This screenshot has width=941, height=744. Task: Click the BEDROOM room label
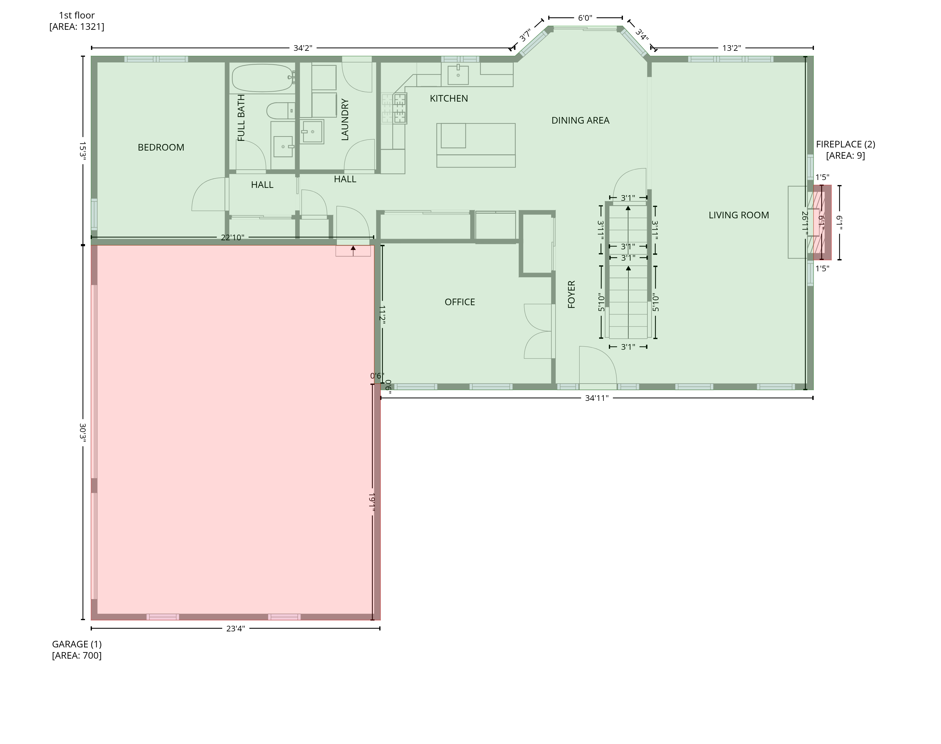(x=161, y=147)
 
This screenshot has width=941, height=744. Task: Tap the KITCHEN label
(x=449, y=98)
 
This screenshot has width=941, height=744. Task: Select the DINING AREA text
(x=580, y=120)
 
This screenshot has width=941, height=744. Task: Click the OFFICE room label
(x=460, y=302)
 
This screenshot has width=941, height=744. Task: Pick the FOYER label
(x=572, y=295)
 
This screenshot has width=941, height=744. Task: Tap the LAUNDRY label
(x=345, y=120)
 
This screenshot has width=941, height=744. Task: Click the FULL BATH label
(x=241, y=118)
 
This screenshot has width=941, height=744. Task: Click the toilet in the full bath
(x=280, y=111)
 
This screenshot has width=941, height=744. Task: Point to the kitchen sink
(x=458, y=75)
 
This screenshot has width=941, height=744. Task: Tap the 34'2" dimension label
(x=303, y=48)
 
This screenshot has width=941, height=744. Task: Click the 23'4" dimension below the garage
(x=236, y=629)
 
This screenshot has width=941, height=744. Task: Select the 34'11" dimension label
(x=596, y=398)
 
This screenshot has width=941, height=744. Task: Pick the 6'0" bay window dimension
(x=585, y=18)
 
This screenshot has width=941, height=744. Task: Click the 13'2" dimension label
(x=731, y=48)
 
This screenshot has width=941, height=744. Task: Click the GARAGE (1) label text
(x=77, y=644)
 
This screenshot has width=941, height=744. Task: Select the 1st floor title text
(x=77, y=15)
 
